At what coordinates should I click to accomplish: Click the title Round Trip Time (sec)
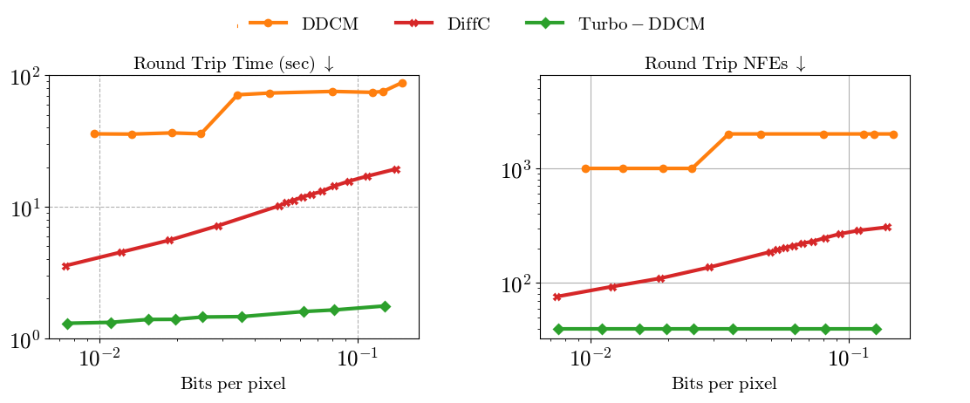(233, 64)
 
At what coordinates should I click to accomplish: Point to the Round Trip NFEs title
(725, 64)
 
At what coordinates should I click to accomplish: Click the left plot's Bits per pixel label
(233, 384)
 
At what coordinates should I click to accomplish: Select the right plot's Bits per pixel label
(724, 384)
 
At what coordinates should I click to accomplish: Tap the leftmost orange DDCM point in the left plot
(94, 133)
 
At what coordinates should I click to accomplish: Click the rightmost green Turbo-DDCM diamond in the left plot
(385, 306)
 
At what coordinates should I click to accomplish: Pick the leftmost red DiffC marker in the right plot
(557, 297)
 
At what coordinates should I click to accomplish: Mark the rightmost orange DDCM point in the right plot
(894, 134)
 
